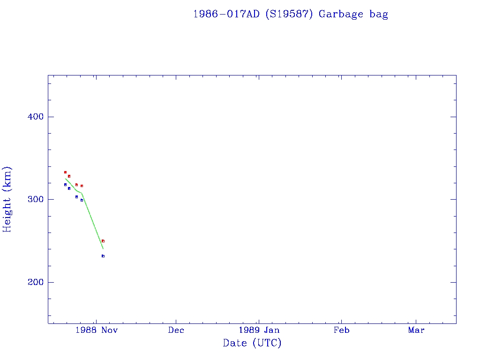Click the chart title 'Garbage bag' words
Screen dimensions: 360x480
(353, 14)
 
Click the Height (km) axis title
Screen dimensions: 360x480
(7, 199)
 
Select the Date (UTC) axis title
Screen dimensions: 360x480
(252, 343)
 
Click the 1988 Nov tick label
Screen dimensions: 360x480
(96, 330)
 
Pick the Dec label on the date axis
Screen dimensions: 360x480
(176, 330)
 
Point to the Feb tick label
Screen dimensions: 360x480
(341, 330)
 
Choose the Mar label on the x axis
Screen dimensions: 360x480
(416, 330)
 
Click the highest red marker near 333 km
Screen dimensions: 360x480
(65, 172)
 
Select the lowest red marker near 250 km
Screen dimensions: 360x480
(103, 241)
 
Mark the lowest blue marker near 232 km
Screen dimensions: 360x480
(103, 256)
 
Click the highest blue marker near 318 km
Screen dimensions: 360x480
(65, 185)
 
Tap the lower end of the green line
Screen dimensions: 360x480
(103, 248)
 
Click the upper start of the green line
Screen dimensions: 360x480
(65, 179)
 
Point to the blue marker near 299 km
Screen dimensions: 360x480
(82, 200)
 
